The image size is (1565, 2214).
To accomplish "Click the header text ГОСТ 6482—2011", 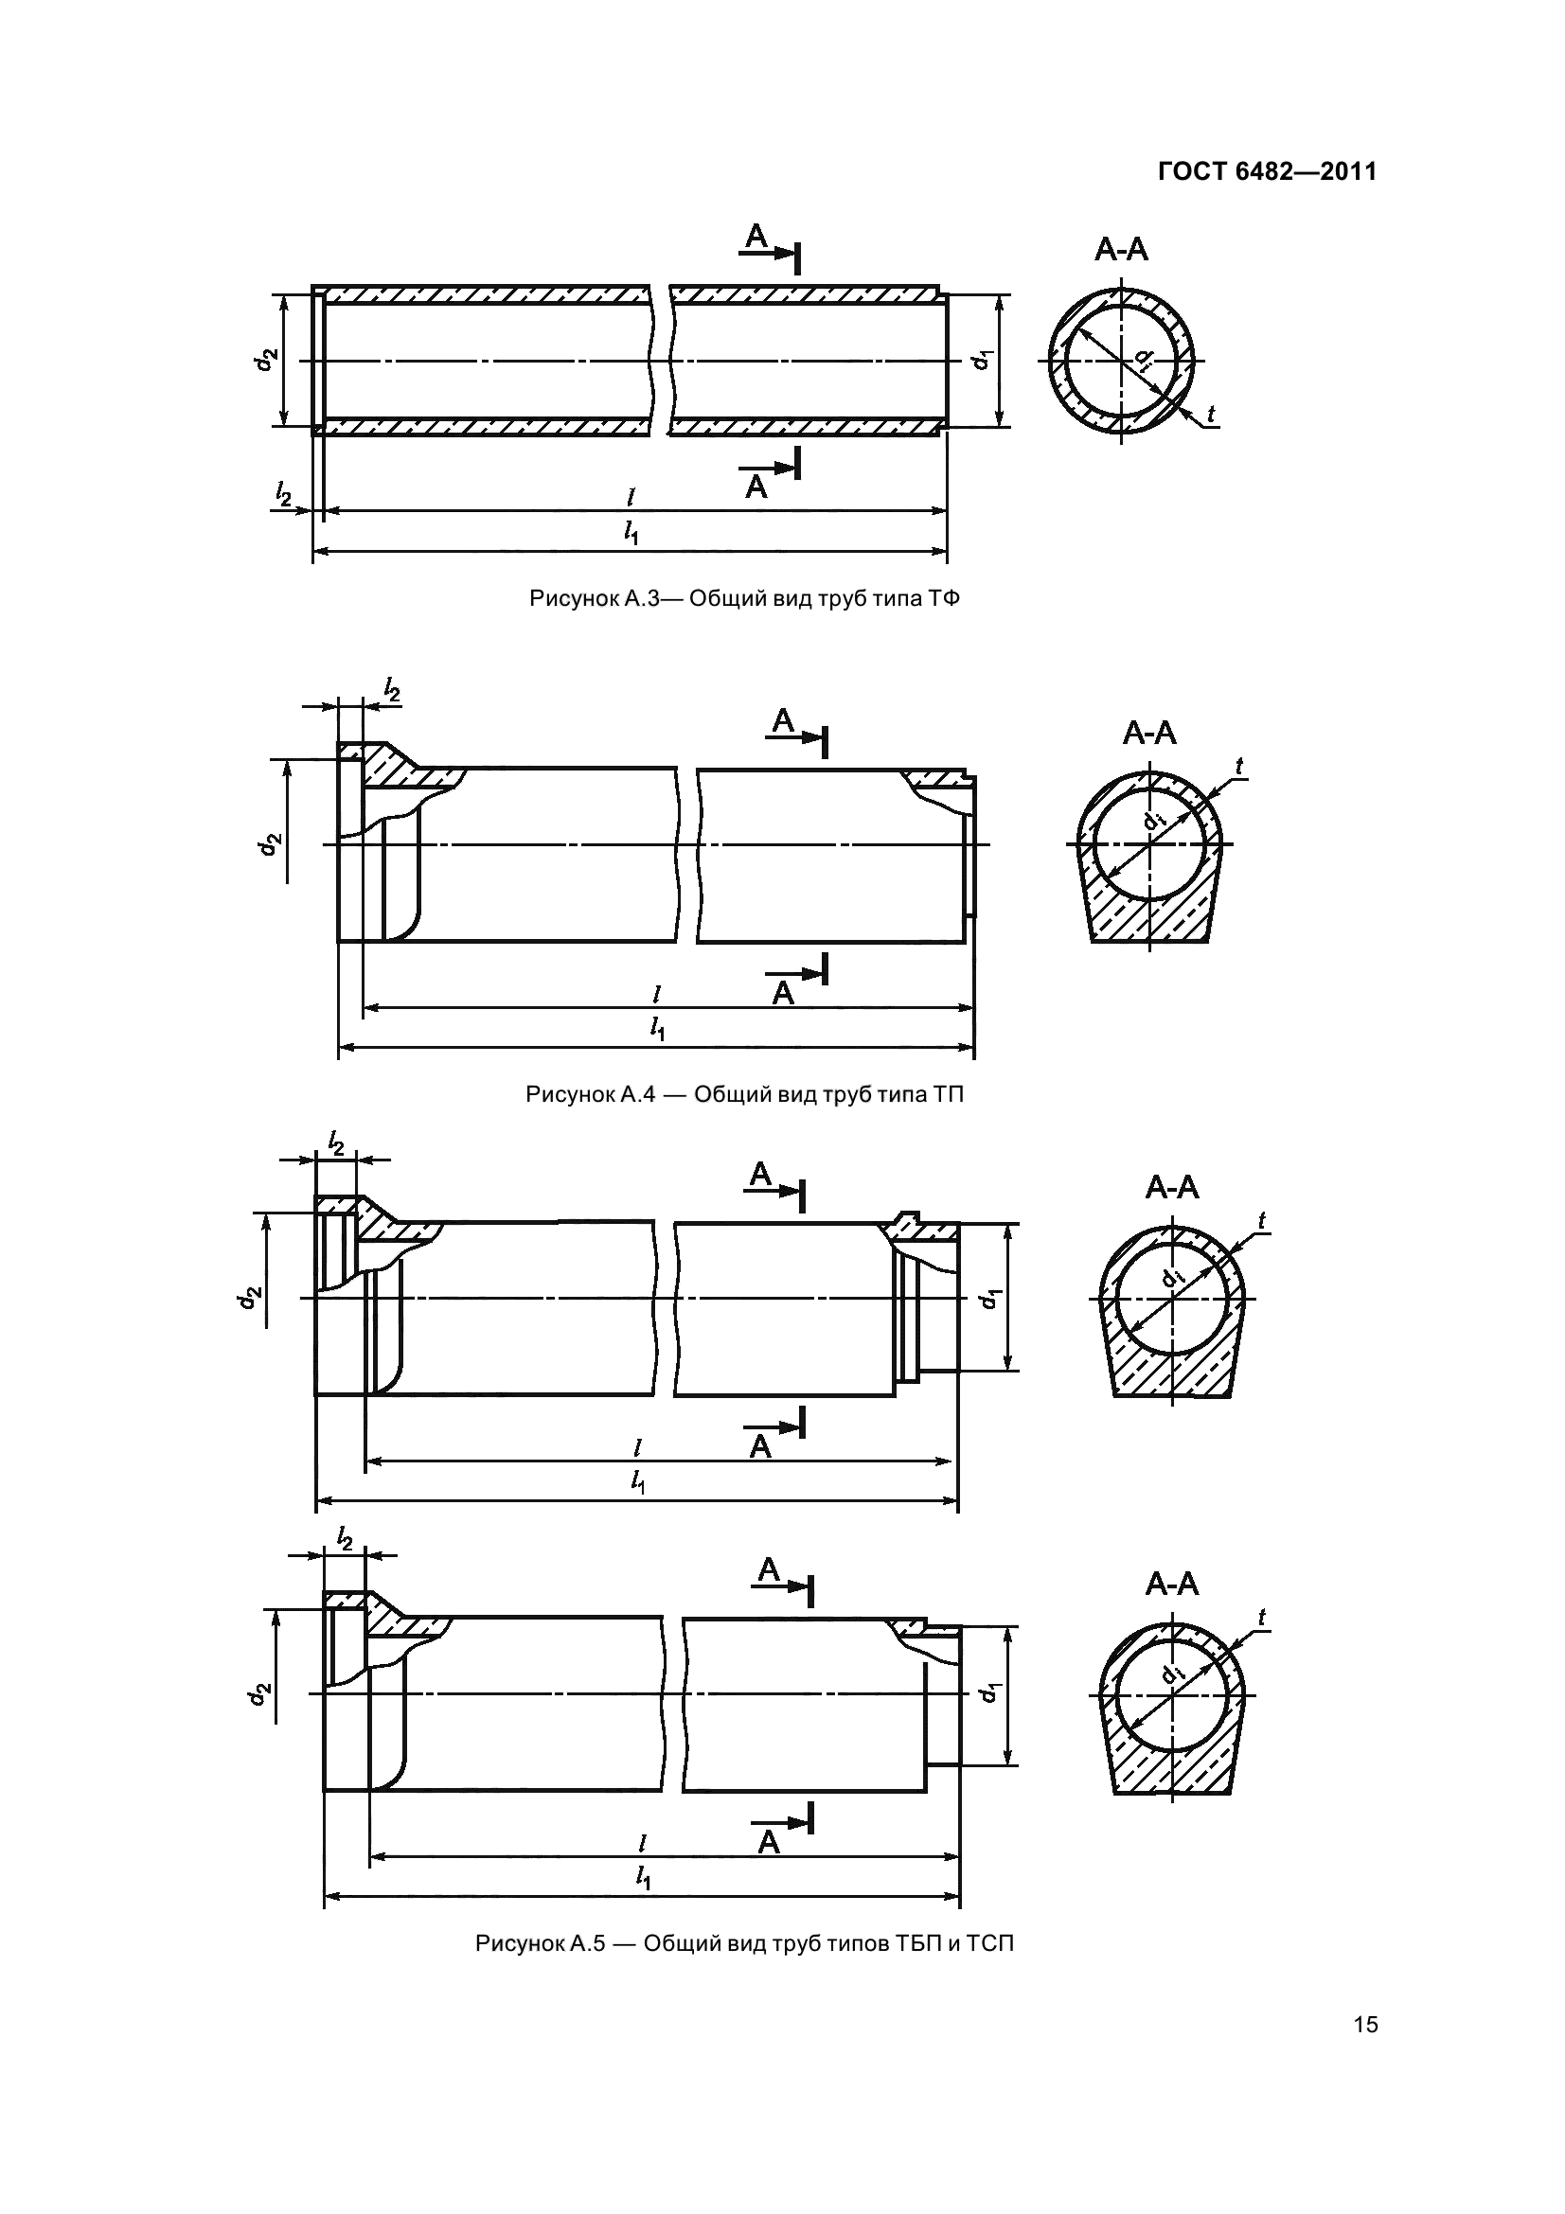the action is [1267, 171].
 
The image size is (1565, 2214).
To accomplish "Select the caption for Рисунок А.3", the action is [744, 599].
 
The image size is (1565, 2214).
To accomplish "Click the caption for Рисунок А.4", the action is [744, 1094].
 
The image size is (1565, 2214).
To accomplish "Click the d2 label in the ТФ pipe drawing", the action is [267, 359].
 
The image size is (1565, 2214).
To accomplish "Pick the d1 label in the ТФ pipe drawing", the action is [981, 359].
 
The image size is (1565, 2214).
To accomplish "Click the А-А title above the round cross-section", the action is [1121, 250].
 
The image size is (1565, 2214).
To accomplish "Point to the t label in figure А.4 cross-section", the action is [1239, 767].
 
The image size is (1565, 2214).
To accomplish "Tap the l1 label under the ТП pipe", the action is [658, 1030].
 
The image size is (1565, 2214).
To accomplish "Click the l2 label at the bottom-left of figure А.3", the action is [282, 495].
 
